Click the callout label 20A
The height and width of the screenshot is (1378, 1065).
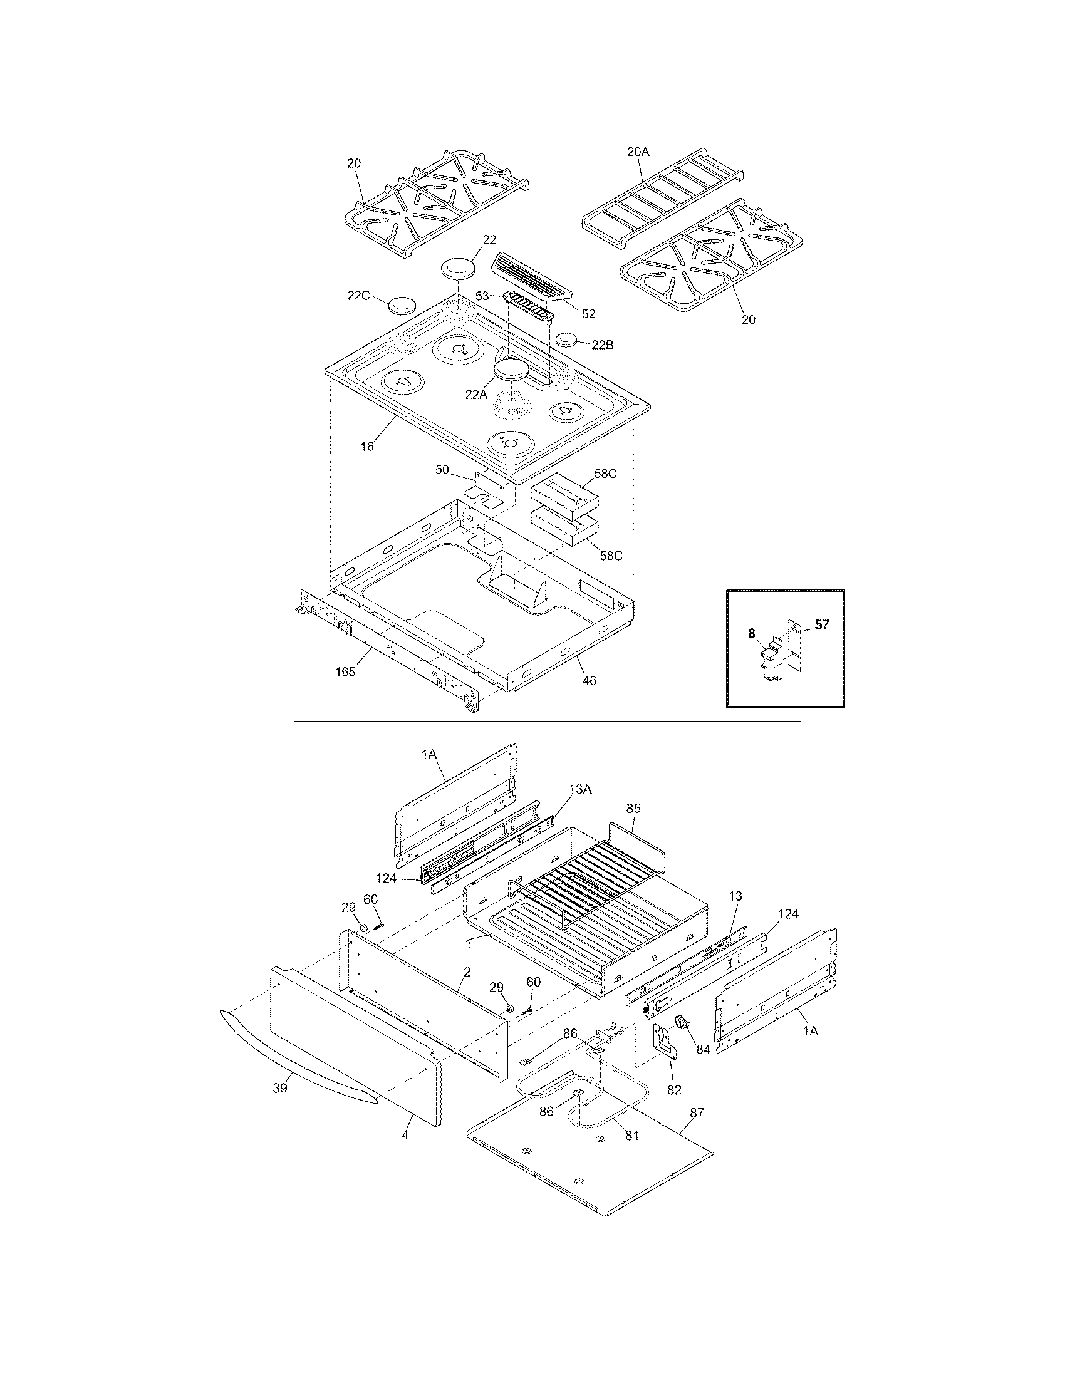click(638, 152)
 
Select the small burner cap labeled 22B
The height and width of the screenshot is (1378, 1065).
click(566, 340)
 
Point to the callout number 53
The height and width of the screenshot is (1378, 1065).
click(482, 295)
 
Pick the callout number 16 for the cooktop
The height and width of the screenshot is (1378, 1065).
click(367, 446)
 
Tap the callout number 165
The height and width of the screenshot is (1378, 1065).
click(345, 671)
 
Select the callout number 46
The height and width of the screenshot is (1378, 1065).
click(590, 680)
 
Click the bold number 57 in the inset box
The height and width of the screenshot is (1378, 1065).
click(821, 624)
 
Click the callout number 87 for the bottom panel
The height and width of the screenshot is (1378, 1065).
click(696, 1113)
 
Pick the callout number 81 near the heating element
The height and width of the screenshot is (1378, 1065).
click(632, 1135)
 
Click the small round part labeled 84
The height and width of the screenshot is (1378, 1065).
click(682, 1021)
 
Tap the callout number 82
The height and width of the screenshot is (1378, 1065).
click(675, 1089)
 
